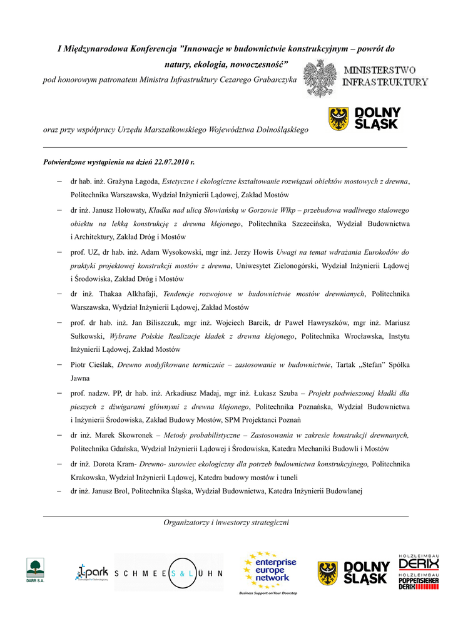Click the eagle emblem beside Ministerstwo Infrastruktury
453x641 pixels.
click(x=320, y=78)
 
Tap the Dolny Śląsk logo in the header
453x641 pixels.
click(x=365, y=118)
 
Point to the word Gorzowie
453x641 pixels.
click(x=266, y=210)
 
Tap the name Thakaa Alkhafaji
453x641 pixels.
click(x=132, y=294)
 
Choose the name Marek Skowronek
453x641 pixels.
click(x=130, y=434)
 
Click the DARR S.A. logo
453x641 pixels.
click(x=35, y=571)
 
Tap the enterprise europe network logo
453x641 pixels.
click(x=270, y=572)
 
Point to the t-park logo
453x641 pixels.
click(x=91, y=572)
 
